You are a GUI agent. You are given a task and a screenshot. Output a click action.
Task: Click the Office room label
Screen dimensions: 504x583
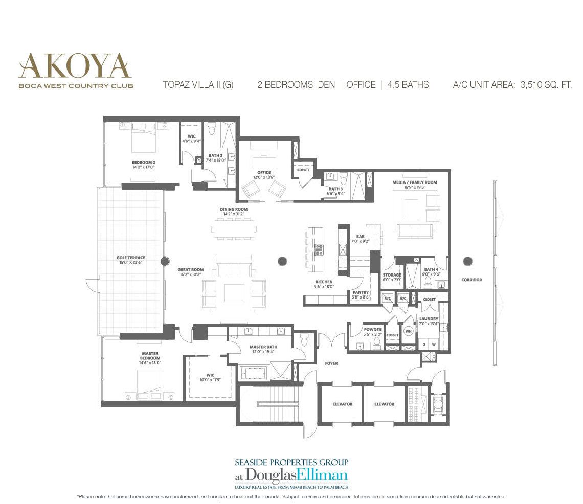(264, 174)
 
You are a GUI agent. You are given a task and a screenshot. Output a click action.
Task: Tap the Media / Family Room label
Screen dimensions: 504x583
(414, 182)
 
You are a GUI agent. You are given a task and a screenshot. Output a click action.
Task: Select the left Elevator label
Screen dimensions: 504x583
(343, 404)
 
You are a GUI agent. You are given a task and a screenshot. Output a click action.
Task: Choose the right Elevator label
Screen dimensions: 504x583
(384, 404)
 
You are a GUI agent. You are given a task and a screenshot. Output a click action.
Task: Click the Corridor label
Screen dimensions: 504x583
(472, 280)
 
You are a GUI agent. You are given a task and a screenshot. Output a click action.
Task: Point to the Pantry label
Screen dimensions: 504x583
(361, 292)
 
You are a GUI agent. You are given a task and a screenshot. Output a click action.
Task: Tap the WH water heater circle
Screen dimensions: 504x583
(408, 331)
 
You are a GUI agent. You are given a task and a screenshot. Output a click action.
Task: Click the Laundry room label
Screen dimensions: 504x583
(429, 318)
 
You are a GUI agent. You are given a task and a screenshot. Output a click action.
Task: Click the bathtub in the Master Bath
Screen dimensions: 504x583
(253, 373)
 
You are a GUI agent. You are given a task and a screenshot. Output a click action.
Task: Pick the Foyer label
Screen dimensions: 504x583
(332, 363)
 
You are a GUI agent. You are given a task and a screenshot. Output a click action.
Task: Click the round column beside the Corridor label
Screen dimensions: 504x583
(467, 262)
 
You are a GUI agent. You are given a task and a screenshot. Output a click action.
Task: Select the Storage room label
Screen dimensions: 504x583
(392, 275)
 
